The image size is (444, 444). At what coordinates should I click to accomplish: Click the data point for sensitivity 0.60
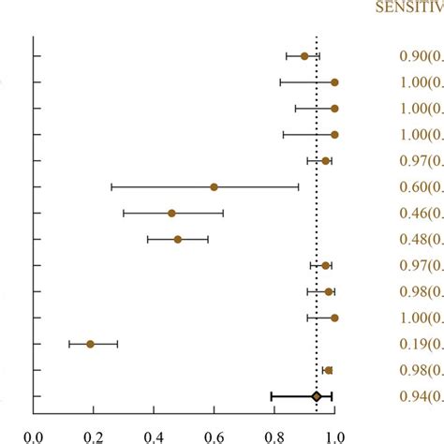click(214, 186)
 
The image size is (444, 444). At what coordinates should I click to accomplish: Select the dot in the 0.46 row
click(171, 213)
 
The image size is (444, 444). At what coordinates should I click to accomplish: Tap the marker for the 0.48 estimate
click(177, 239)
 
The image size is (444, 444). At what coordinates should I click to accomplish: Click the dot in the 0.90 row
click(304, 56)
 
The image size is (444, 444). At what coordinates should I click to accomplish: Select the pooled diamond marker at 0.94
click(317, 397)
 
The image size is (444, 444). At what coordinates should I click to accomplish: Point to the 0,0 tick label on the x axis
click(33, 435)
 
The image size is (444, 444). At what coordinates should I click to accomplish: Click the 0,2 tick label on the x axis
click(93, 435)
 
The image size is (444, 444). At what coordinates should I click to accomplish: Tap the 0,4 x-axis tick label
click(154, 435)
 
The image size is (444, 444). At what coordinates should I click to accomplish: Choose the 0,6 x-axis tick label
click(214, 435)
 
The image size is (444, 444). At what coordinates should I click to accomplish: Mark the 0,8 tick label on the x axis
click(274, 435)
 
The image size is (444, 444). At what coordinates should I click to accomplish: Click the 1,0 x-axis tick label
click(334, 435)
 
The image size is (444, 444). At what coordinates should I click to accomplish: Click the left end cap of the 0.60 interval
click(111, 186)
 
